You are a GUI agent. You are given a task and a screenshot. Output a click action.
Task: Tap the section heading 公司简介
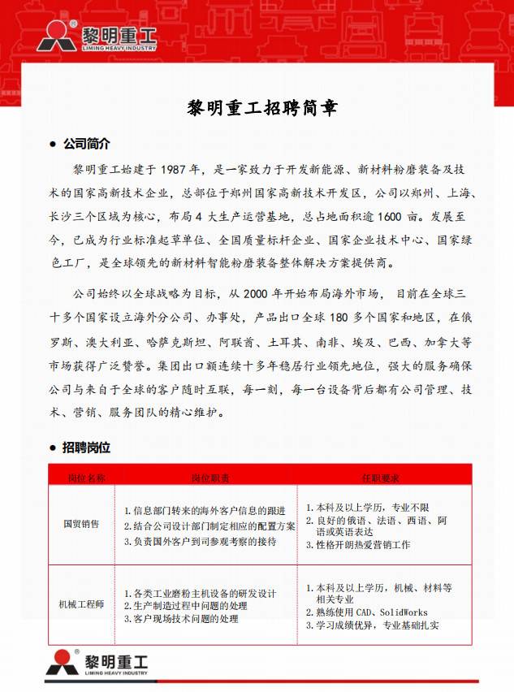click(86, 144)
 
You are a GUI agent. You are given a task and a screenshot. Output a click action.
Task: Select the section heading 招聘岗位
click(86, 448)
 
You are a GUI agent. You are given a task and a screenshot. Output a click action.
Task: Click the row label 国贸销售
click(81, 524)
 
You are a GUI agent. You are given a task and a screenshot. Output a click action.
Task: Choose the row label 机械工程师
click(81, 604)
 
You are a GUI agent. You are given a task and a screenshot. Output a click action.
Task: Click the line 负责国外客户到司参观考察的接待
click(205, 540)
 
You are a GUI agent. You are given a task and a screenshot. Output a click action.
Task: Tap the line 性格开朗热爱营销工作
click(362, 544)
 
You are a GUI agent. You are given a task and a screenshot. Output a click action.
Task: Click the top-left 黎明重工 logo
click(96, 37)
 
